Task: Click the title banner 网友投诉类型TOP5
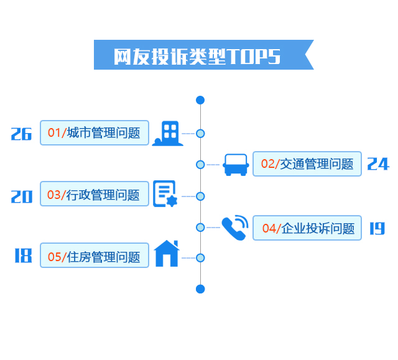point(199,55)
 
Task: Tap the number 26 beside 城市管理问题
point(21,134)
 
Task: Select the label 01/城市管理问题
point(95,132)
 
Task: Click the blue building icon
point(168,133)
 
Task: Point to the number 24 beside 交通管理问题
point(377,164)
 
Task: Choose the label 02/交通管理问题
point(307,164)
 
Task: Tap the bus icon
point(236,165)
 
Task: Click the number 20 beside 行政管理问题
point(21,196)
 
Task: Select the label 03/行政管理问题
point(95,195)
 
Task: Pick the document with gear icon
point(165,194)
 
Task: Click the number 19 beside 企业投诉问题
point(377,228)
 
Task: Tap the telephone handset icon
point(234,228)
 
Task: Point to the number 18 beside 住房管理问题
point(22,256)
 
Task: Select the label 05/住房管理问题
point(95,256)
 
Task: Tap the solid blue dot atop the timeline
point(200,100)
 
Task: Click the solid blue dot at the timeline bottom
point(200,288)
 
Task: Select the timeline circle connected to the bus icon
point(200,165)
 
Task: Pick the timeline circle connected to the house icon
point(200,257)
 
